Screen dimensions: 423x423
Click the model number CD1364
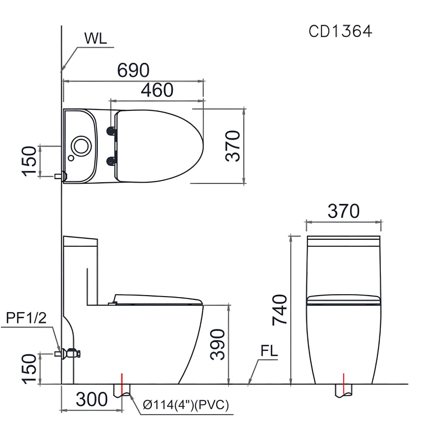[x=340, y=31]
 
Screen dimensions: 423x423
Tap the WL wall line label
[x=95, y=39]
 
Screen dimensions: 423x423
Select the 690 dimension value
[x=133, y=70]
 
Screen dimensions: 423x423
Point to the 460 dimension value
[x=157, y=90]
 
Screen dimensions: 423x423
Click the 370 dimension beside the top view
[x=233, y=146]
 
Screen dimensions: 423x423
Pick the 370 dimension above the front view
[x=344, y=211]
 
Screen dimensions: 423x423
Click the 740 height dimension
[x=280, y=310]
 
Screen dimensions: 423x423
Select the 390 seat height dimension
[x=218, y=344]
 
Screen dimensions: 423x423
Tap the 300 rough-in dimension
[x=92, y=399]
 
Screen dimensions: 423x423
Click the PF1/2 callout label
[x=26, y=318]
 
